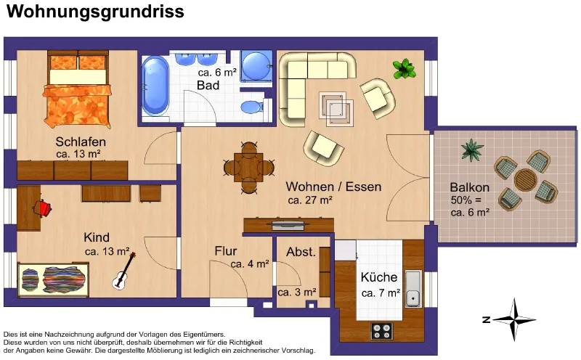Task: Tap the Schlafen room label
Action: pyautogui.click(x=81, y=142)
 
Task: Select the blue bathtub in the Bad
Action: pyautogui.click(x=155, y=86)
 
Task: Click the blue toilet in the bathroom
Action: pyautogui.click(x=251, y=107)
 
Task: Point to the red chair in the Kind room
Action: pyautogui.click(x=43, y=208)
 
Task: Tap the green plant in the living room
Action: pyautogui.click(x=404, y=69)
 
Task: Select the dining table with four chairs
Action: pyautogui.click(x=248, y=168)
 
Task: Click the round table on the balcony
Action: pyautogui.click(x=525, y=180)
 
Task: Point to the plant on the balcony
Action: pyautogui.click(x=471, y=150)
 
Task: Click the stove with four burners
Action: pyautogui.click(x=382, y=331)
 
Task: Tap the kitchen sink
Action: pyautogui.click(x=413, y=289)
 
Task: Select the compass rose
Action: pyautogui.click(x=514, y=319)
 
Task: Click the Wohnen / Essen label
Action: pyautogui.click(x=333, y=187)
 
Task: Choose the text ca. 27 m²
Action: pyautogui.click(x=310, y=200)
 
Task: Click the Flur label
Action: pyautogui.click(x=225, y=250)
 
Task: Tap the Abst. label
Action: pyautogui.click(x=301, y=252)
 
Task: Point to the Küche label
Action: pyautogui.click(x=378, y=277)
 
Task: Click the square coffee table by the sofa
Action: pyautogui.click(x=336, y=107)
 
